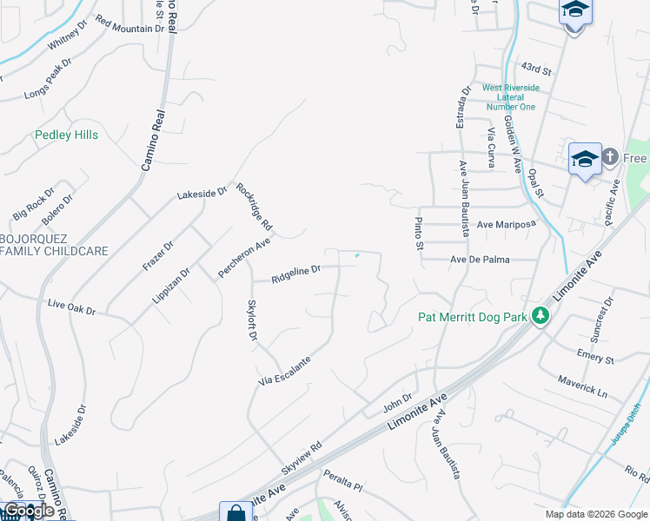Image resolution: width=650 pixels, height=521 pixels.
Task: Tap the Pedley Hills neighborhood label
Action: click(x=66, y=135)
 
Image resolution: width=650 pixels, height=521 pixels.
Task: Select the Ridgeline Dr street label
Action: click(x=295, y=274)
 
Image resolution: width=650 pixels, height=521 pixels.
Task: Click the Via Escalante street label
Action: click(x=284, y=370)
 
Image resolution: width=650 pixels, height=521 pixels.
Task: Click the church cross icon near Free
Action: click(x=609, y=157)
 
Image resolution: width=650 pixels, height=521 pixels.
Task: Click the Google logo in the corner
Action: click(x=29, y=511)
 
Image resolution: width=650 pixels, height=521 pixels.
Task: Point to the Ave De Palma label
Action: click(x=480, y=260)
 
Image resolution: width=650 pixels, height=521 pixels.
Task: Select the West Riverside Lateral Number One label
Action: click(x=511, y=97)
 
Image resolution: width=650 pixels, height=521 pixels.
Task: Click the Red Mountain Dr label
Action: click(x=129, y=24)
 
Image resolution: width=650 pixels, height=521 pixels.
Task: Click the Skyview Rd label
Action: click(x=302, y=458)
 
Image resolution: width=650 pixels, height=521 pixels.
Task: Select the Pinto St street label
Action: click(x=419, y=234)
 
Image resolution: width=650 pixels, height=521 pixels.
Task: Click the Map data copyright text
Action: click(x=596, y=514)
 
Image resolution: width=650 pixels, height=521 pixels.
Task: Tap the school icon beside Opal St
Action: click(x=585, y=158)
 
